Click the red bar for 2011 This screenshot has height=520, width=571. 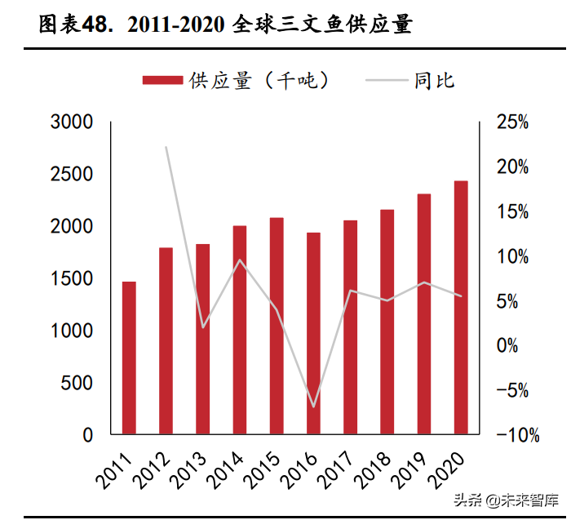tap(129, 358)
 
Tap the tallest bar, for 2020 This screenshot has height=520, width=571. tap(461, 307)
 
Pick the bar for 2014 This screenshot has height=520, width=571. tap(240, 330)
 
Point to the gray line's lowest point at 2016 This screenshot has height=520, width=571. tap(313, 406)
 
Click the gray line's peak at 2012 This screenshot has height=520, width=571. tap(166, 148)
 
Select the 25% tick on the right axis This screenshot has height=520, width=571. tap(513, 122)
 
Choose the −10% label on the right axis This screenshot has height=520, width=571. tap(513, 435)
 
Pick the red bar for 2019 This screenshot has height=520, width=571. tap(424, 313)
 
